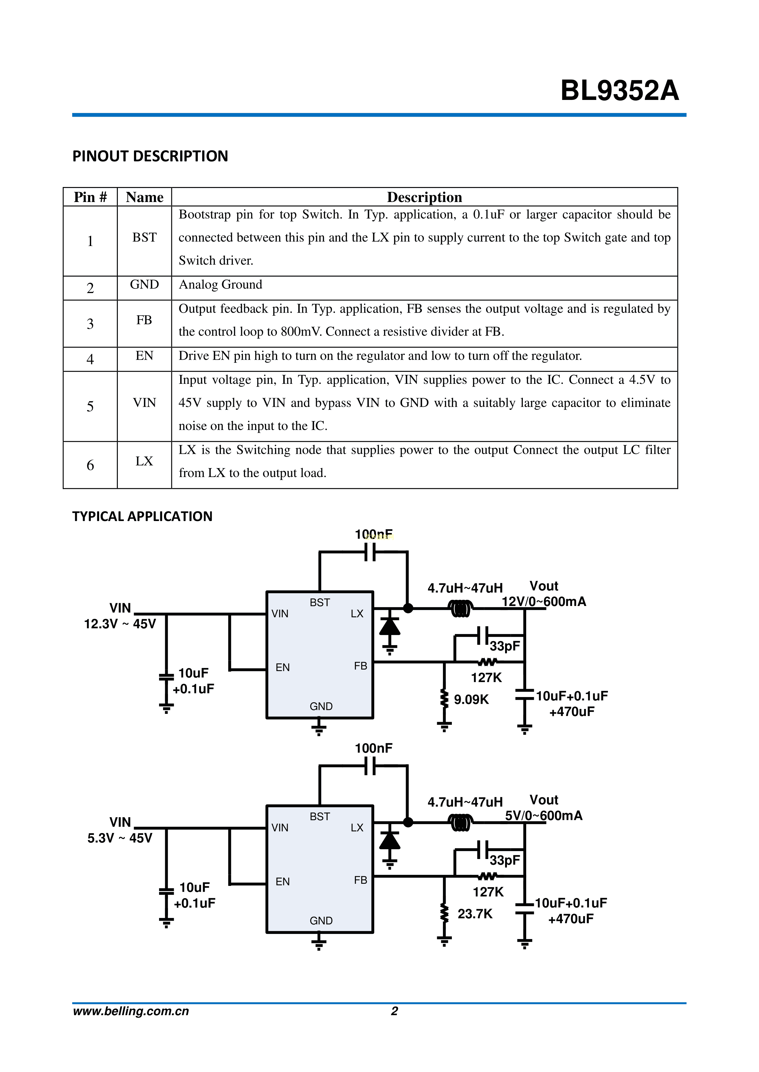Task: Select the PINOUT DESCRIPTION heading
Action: click(x=150, y=156)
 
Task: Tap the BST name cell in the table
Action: click(x=144, y=238)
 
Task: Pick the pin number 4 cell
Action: click(x=90, y=359)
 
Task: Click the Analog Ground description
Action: click(x=221, y=285)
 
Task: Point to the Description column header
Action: click(x=424, y=197)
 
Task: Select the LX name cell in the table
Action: click(x=144, y=461)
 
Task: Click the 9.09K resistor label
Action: click(x=471, y=699)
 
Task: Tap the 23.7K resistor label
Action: click(x=475, y=914)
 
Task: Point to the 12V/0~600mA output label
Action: click(x=544, y=602)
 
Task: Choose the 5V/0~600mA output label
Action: click(x=544, y=816)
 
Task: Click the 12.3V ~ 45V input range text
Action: click(x=120, y=624)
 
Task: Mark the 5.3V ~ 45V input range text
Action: click(x=120, y=838)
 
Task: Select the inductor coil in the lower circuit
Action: click(x=460, y=823)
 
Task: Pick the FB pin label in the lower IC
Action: click(x=360, y=880)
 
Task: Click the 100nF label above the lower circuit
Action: click(x=374, y=748)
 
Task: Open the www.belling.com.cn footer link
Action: click(x=131, y=1011)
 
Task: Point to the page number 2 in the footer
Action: click(x=394, y=1011)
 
